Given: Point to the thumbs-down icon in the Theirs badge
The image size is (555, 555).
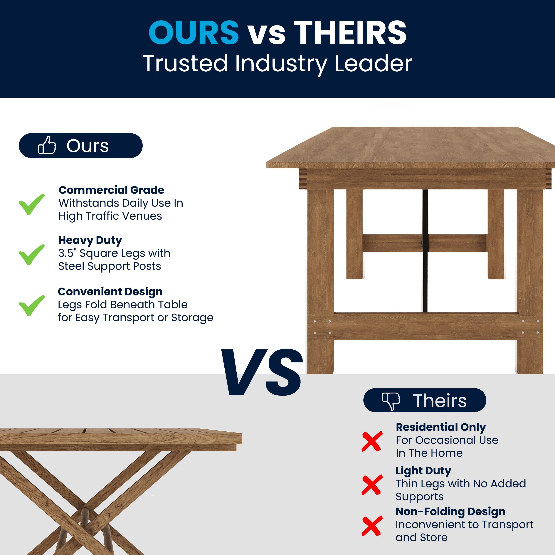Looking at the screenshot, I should pyautogui.click(x=391, y=401).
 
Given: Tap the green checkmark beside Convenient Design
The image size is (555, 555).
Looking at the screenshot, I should pyautogui.click(x=32, y=305).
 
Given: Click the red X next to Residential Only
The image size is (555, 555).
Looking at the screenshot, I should pyautogui.click(x=372, y=441).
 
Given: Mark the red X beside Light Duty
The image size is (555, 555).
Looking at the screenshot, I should pyautogui.click(x=372, y=485).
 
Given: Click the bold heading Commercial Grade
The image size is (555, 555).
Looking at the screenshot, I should pyautogui.click(x=111, y=190).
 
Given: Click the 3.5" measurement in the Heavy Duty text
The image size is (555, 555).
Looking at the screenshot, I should pyautogui.click(x=67, y=253).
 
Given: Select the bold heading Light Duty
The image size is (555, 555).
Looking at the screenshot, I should pyautogui.click(x=423, y=470).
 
